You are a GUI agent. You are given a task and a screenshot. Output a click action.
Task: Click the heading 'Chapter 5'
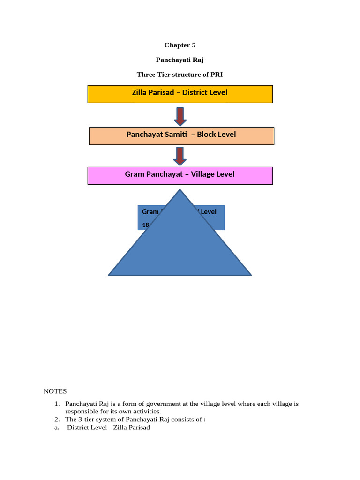180,45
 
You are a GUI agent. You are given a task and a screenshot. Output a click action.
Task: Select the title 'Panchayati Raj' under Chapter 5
180,60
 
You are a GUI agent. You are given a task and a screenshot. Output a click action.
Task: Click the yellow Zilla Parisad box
180,94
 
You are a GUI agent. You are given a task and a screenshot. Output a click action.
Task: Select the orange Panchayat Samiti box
181,135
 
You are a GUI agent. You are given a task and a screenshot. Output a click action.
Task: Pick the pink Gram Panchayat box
180,175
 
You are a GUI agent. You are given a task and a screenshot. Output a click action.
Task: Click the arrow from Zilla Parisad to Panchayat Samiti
180,116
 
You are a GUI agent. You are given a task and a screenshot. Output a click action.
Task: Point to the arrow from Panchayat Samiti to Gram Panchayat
180,156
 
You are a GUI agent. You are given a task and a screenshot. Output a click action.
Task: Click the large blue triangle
180,248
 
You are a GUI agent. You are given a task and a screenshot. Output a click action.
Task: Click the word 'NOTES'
55,391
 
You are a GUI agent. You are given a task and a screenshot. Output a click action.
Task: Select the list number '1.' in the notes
57,404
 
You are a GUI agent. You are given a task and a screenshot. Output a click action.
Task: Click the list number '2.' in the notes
57,420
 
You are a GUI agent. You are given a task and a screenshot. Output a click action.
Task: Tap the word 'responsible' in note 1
82,412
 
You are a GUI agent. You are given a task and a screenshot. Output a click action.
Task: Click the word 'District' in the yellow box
195,93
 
